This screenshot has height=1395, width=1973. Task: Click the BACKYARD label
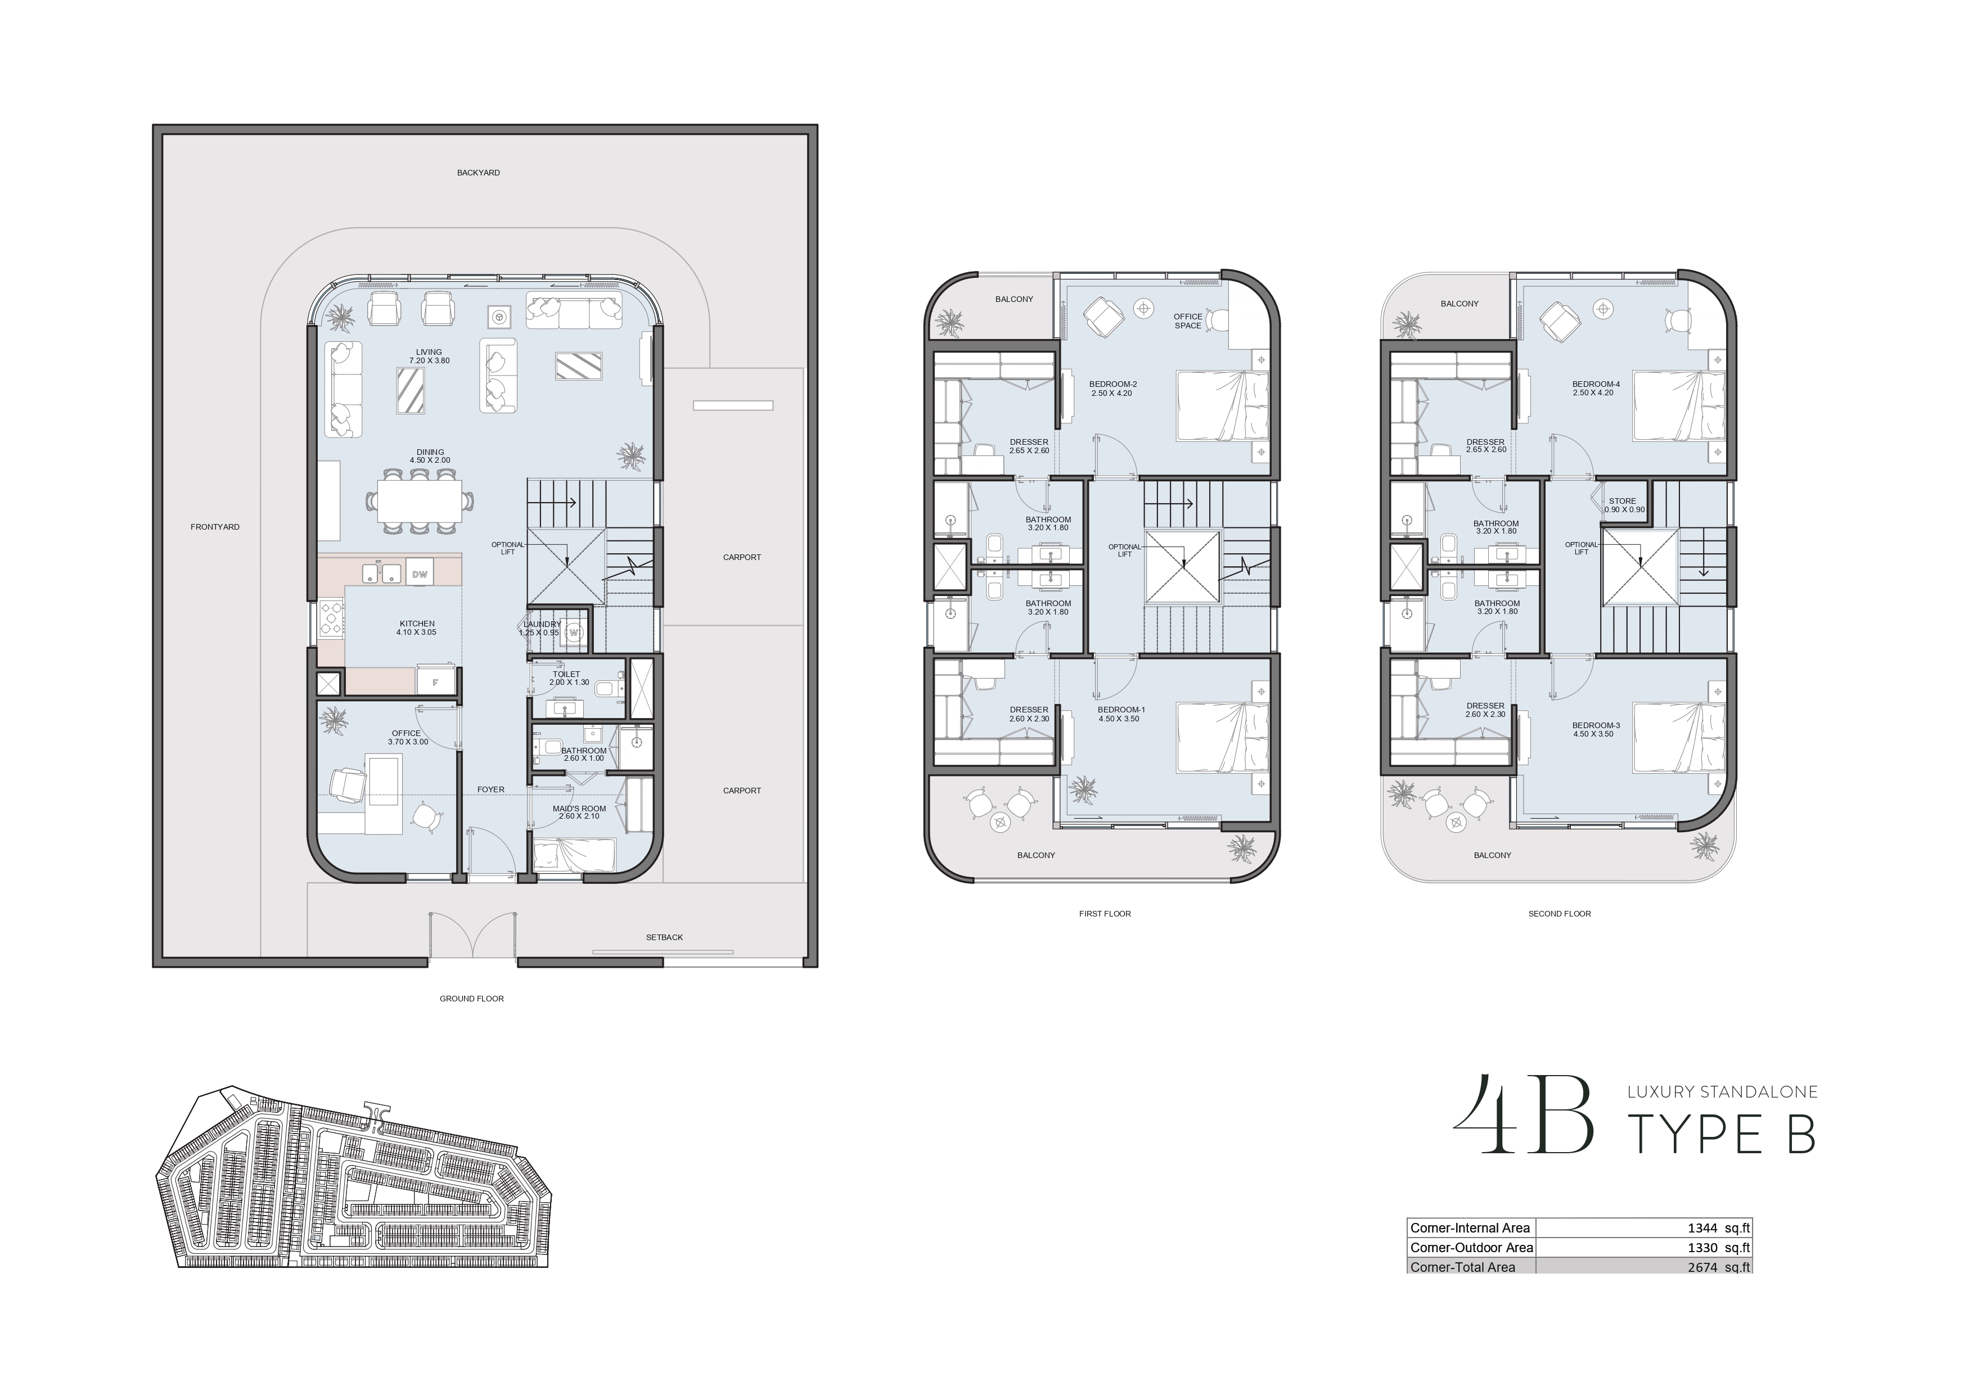click(x=478, y=173)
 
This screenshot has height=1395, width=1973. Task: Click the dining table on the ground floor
click(x=420, y=501)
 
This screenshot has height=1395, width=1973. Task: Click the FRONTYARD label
click(x=215, y=526)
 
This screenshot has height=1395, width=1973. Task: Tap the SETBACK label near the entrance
click(x=664, y=937)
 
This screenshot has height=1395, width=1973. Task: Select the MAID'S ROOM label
click(x=579, y=812)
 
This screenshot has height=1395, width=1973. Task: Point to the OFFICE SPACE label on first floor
click(x=1188, y=321)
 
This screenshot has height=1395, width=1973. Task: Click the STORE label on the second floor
click(x=1623, y=501)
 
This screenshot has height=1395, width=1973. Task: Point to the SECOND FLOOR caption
click(x=1560, y=914)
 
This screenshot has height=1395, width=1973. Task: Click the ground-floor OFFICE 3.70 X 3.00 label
click(x=407, y=738)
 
